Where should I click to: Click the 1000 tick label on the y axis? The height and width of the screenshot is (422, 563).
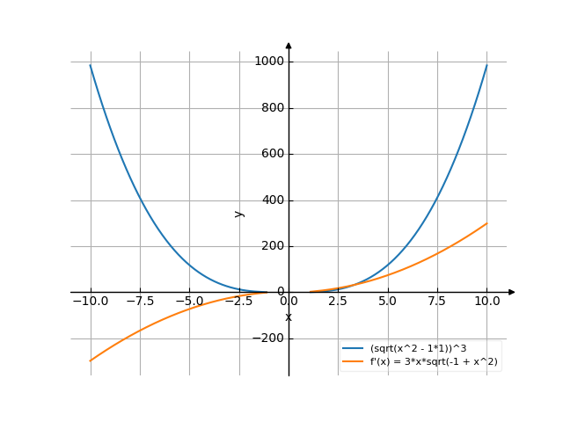(x=269, y=62)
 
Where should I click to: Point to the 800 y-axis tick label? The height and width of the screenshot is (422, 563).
(x=272, y=108)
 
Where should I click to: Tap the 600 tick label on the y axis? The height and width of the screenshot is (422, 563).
(x=272, y=154)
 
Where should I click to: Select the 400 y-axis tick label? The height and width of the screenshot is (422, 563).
(x=272, y=200)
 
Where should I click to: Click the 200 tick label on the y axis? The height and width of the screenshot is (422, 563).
(x=272, y=245)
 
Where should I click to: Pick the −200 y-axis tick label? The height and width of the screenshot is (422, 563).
(x=268, y=338)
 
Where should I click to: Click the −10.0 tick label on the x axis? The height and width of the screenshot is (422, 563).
(x=90, y=301)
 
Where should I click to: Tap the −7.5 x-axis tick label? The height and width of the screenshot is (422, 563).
(x=139, y=301)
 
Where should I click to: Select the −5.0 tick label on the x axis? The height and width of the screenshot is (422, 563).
(x=188, y=301)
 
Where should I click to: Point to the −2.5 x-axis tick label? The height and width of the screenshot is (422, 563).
(x=238, y=301)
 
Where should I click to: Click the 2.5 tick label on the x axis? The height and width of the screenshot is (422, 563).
(x=338, y=301)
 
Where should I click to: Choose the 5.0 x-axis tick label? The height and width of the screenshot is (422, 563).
(x=387, y=301)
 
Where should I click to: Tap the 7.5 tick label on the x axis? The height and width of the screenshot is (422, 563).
(x=437, y=301)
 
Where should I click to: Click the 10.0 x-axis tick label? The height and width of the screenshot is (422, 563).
(x=486, y=301)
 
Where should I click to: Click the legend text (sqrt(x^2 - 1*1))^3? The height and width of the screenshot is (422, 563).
(x=419, y=349)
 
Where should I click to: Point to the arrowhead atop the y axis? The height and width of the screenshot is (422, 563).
(x=289, y=45)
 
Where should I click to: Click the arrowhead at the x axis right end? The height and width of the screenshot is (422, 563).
(x=512, y=292)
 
